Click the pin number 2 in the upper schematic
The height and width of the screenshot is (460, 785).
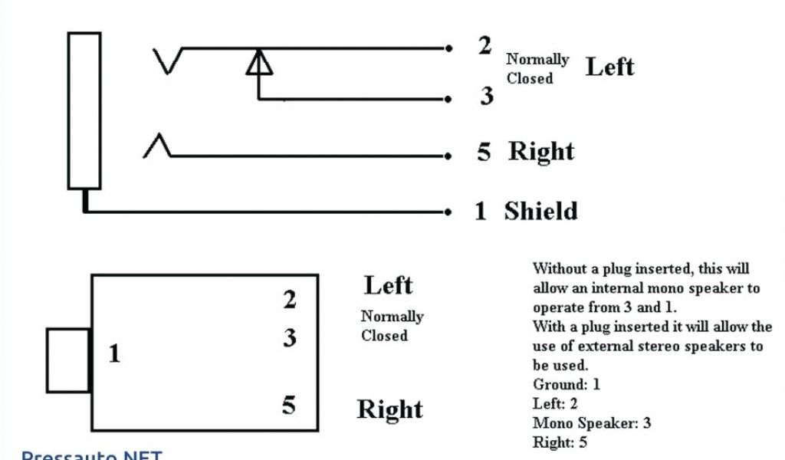point(484,46)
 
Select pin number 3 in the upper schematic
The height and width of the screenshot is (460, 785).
point(487,97)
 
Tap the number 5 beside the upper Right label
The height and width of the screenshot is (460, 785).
point(484,152)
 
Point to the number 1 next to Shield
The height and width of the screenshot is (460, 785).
point(481,211)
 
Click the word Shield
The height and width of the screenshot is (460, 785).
point(540,211)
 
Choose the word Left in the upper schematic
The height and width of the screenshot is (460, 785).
point(610,67)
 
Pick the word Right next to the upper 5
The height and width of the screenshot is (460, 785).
point(541,151)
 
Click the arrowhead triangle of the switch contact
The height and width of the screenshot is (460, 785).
point(258,63)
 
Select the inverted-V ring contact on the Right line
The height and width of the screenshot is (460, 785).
point(157,146)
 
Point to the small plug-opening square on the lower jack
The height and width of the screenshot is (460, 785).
point(68,360)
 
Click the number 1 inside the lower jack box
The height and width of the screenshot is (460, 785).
point(114,354)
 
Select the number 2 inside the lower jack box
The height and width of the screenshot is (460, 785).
point(289,300)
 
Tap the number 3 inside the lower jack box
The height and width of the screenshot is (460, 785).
point(289,337)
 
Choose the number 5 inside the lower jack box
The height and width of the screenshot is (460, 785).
point(288,405)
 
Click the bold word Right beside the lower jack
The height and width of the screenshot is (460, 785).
point(389,409)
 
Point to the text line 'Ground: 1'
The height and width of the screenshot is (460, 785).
point(567,385)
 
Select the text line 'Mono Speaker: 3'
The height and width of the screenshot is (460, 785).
point(591,423)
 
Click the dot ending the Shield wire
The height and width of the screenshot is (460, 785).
point(448,211)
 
